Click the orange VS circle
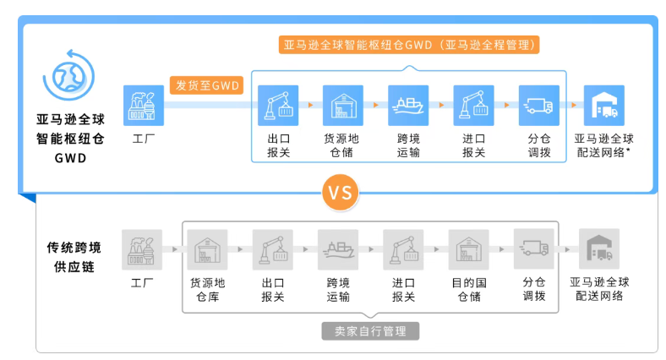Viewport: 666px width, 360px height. point(339,192)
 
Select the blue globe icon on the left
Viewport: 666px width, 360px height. point(66,74)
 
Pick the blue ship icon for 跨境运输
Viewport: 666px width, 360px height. point(408,105)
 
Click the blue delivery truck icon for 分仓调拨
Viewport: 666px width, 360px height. point(539,105)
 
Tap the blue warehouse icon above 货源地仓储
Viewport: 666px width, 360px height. point(342,105)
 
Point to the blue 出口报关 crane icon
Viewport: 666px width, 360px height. point(277,105)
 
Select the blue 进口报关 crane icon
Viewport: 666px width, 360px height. point(473,105)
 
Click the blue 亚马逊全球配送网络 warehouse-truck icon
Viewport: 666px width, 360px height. point(603,105)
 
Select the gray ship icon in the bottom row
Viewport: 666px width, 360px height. point(338,249)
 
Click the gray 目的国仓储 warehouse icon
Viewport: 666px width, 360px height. point(468,249)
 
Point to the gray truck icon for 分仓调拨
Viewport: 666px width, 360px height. point(533,249)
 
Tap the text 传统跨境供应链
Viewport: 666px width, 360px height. point(74,256)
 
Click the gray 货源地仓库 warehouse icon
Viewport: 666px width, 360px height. point(207,249)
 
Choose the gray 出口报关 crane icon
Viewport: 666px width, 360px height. point(272,249)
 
